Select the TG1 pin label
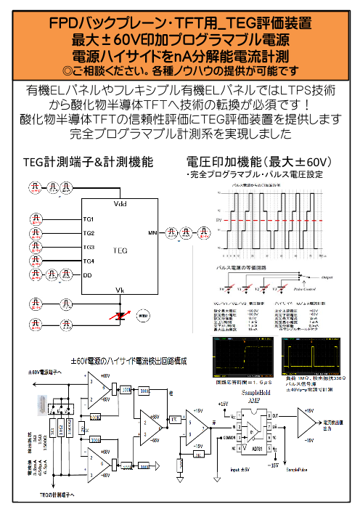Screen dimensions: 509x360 click(89, 219)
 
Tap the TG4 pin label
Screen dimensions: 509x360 click(89, 261)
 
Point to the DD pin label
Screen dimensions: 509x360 click(88, 275)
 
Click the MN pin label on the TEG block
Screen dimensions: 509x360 click(152, 233)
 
